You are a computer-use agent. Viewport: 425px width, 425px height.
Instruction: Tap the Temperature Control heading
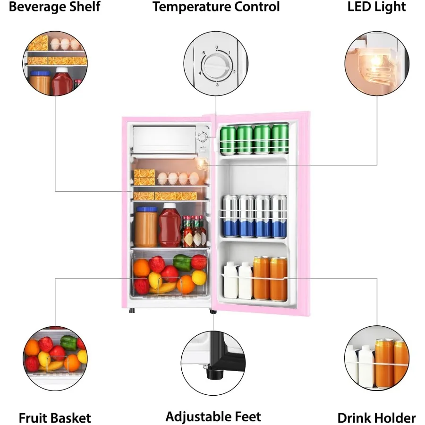pos(216,7)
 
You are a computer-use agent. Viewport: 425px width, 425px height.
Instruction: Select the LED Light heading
pos(376,7)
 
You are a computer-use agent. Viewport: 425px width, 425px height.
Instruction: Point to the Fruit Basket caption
pos(55,418)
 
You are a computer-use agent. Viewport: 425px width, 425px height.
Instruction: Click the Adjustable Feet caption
pos(213,416)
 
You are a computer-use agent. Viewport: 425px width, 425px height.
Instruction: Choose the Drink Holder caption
pos(376,418)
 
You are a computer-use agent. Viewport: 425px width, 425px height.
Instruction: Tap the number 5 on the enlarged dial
pos(204,53)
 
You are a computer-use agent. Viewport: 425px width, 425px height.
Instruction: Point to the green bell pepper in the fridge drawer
pos(182,262)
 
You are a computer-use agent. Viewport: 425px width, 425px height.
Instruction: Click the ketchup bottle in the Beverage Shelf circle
pos(61,82)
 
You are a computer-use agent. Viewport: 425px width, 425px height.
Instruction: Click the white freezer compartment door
pos(164,139)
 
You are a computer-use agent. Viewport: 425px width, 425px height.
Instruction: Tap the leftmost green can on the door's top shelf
pos(228,139)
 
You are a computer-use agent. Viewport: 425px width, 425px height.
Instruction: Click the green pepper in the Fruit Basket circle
pos(68,342)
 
